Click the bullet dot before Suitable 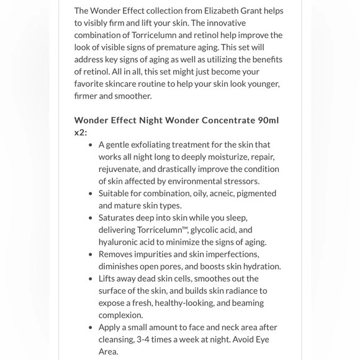(x=91, y=193)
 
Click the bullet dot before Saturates (x=91, y=218)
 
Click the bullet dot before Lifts (x=91, y=279)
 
